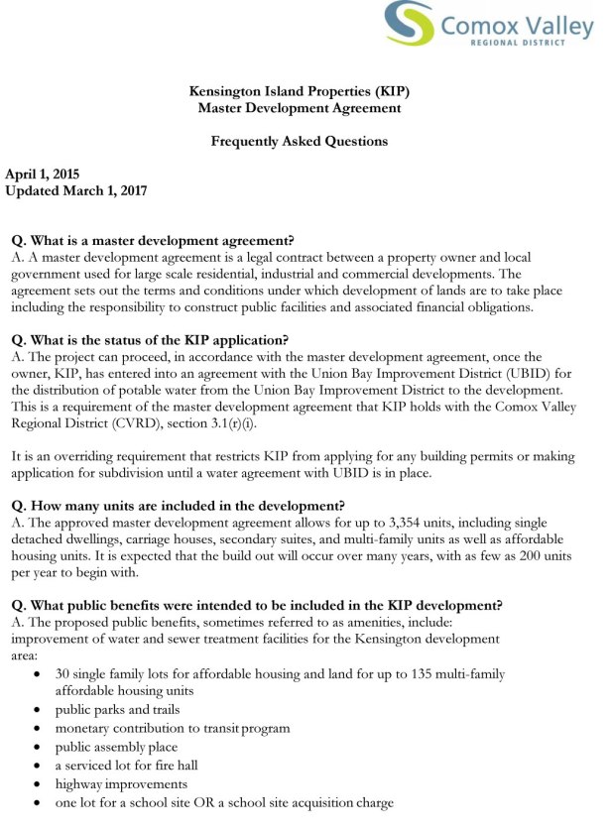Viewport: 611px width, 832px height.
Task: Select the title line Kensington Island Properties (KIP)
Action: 299,91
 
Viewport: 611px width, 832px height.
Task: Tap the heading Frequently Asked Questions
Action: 299,141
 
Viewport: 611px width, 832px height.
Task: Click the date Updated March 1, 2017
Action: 76,190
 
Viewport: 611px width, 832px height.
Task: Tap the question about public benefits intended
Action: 256,605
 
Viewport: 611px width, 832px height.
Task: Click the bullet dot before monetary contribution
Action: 37,728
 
